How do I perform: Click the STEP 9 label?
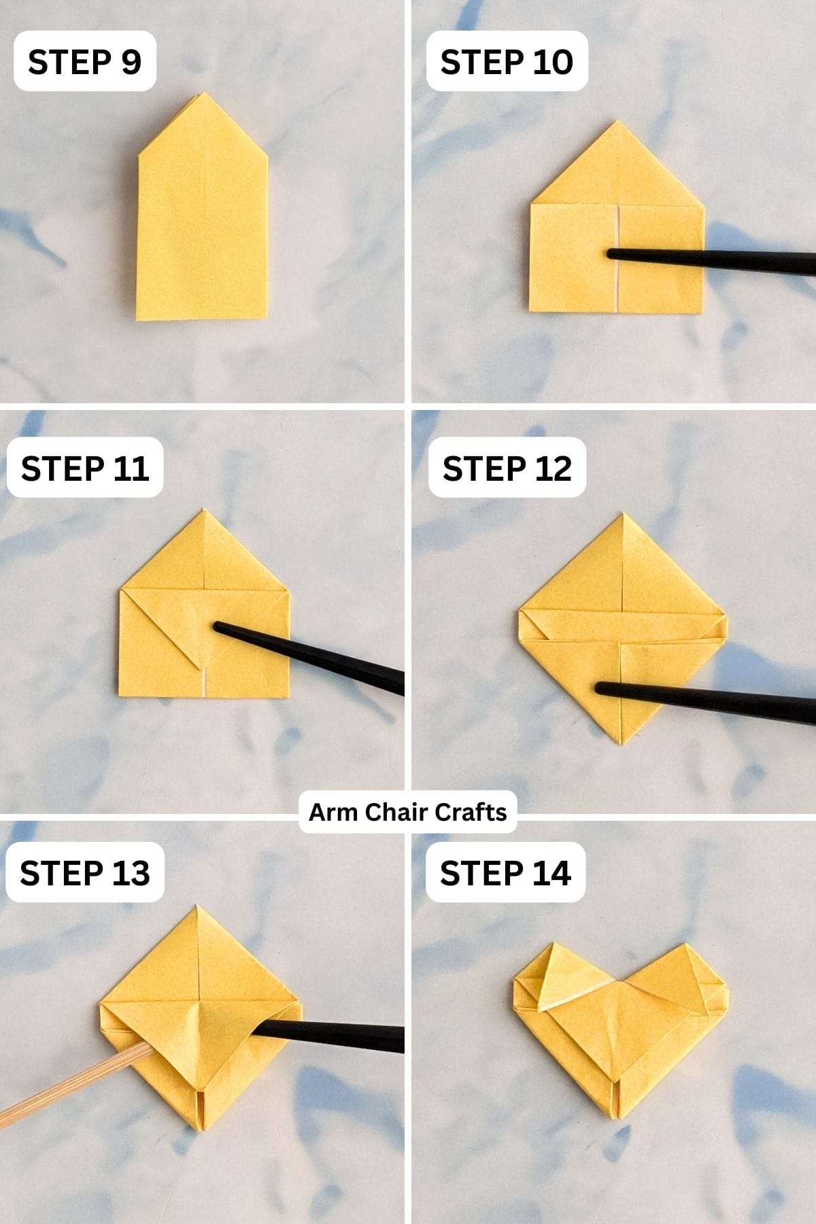point(84,61)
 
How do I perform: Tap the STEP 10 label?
point(507,61)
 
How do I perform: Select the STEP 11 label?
point(84,468)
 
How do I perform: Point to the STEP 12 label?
point(507,468)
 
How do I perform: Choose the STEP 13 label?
point(84,872)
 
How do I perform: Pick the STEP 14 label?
point(505,872)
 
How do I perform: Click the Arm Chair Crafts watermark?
point(407,812)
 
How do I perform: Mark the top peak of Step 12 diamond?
point(623,515)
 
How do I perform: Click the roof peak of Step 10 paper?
point(617,122)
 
